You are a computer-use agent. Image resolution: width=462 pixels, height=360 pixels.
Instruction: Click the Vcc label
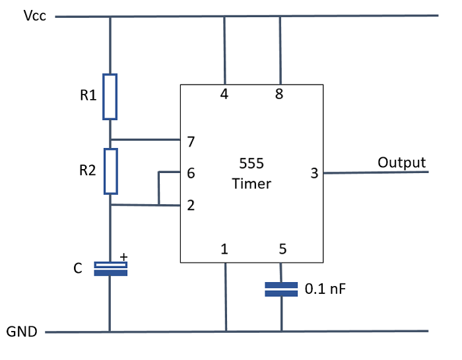(x=35, y=16)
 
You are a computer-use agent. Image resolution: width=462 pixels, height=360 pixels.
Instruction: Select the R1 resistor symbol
(x=110, y=96)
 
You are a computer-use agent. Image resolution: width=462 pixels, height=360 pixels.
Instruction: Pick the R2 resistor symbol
(x=110, y=171)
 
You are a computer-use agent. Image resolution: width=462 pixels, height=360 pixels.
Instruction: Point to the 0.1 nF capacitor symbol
(x=281, y=289)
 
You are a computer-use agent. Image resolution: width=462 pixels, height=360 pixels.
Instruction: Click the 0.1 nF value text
(x=325, y=289)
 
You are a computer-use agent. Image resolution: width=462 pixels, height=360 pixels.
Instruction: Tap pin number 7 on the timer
(x=191, y=141)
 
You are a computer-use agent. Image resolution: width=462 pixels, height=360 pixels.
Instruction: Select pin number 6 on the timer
(x=191, y=174)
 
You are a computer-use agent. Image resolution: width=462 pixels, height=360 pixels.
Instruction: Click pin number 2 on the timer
(x=191, y=205)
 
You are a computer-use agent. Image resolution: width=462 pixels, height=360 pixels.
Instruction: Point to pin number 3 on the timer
(x=314, y=174)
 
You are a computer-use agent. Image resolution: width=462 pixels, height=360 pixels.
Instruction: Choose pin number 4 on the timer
(x=224, y=94)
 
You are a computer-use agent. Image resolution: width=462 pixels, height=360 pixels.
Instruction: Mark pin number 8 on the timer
(x=280, y=94)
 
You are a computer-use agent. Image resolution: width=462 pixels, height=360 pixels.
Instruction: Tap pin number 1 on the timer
(x=224, y=250)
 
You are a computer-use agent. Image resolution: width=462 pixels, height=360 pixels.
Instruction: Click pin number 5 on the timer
(x=282, y=250)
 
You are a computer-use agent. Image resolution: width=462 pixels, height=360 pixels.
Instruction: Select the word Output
(x=401, y=162)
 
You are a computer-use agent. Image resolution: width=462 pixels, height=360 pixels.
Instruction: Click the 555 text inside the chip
(x=251, y=162)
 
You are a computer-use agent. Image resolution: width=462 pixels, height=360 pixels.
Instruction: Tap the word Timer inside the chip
(x=251, y=184)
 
